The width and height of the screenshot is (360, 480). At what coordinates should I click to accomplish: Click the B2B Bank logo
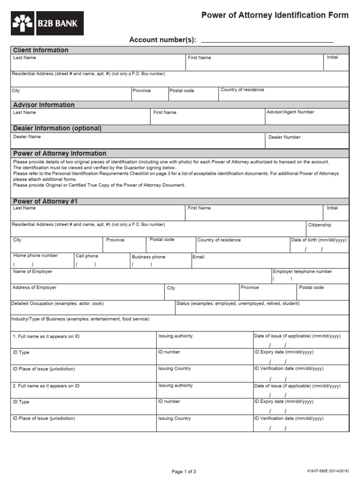click(x=47, y=23)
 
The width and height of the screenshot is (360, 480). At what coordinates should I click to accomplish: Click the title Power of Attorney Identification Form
click(x=275, y=15)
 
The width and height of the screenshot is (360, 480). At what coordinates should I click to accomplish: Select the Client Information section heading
click(x=41, y=50)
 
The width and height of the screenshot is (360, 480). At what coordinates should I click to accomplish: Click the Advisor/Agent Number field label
click(x=290, y=112)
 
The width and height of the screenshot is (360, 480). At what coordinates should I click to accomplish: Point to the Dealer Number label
click(x=285, y=137)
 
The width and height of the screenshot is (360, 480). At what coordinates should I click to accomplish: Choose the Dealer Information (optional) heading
click(x=57, y=128)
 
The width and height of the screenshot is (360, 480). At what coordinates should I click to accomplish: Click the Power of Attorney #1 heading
click(x=45, y=201)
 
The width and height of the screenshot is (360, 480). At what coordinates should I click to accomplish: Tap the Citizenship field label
click(x=320, y=225)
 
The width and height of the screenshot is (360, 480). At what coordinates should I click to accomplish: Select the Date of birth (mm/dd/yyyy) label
click(x=319, y=240)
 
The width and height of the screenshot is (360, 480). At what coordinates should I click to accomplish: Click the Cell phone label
click(x=87, y=256)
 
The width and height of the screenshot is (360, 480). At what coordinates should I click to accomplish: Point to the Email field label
click(x=198, y=257)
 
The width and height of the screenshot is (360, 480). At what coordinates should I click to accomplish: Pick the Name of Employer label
click(x=33, y=271)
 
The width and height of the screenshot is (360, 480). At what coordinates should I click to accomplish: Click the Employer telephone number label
click(x=302, y=271)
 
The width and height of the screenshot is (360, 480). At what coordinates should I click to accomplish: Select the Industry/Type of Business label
click(x=81, y=319)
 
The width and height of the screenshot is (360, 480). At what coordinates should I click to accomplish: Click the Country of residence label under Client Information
click(x=242, y=90)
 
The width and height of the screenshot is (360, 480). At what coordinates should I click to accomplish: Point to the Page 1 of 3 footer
click(x=184, y=472)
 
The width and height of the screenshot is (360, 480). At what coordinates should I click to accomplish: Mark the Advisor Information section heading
click(x=44, y=105)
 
